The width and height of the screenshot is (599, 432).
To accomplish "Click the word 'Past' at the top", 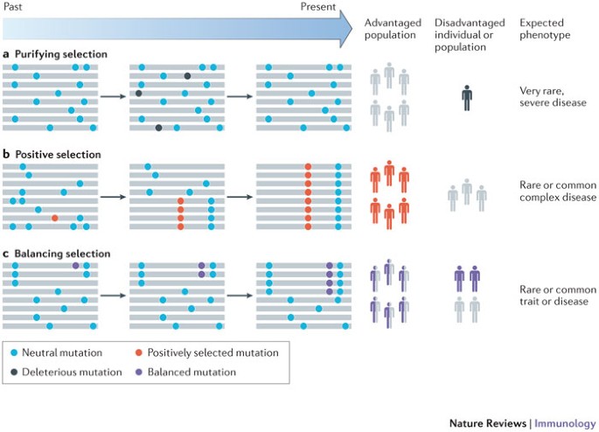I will click(12, 6).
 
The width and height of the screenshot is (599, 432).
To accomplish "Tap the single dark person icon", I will click(468, 96).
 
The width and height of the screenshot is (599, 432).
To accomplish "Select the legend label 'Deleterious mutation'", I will click(71, 372).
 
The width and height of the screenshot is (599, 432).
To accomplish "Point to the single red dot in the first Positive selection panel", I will click(54, 218).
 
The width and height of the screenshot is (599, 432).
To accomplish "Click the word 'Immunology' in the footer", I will click(565, 423).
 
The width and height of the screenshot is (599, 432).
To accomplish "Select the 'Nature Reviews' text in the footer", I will click(487, 423).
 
